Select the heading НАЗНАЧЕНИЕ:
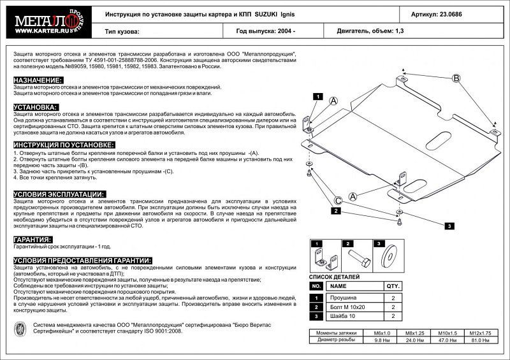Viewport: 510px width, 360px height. pyautogui.click(x=38, y=80)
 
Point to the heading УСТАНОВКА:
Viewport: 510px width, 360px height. pyautogui.click(x=35, y=107)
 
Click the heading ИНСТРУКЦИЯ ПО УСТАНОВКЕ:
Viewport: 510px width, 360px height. pyautogui.click(x=63, y=146)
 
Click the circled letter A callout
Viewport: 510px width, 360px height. pyautogui.click(x=333, y=101)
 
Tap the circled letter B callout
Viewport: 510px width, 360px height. pyautogui.click(x=456, y=78)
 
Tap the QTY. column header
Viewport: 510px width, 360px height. pyautogui.click(x=392, y=287)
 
